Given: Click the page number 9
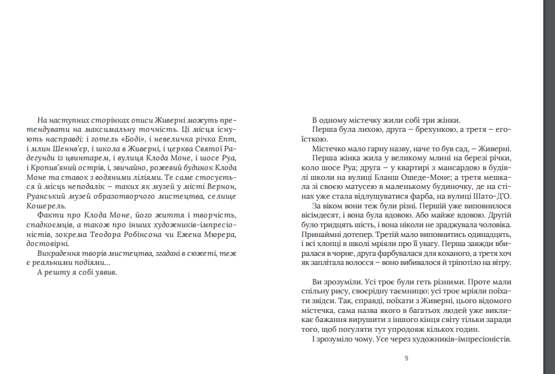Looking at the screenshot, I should point(406,358).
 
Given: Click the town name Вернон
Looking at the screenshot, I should point(219,186).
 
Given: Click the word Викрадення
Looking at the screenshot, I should point(60,253).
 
